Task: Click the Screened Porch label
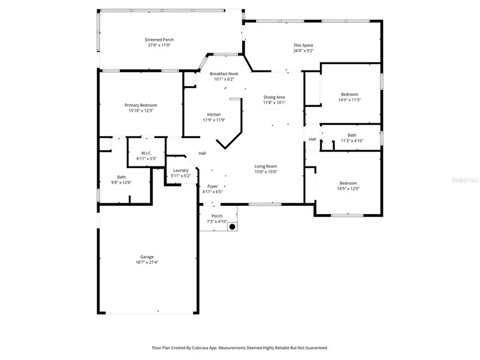click(x=159, y=39)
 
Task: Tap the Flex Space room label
click(x=303, y=45)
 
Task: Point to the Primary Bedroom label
click(x=141, y=105)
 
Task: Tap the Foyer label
click(x=212, y=186)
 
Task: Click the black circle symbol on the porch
click(x=232, y=227)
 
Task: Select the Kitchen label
click(x=214, y=115)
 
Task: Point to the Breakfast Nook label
click(x=224, y=74)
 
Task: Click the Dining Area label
click(x=274, y=97)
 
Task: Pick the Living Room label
click(x=265, y=166)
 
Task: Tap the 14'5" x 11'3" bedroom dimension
click(x=349, y=100)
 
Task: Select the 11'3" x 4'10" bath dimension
click(x=352, y=141)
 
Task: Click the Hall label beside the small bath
click(x=312, y=140)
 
